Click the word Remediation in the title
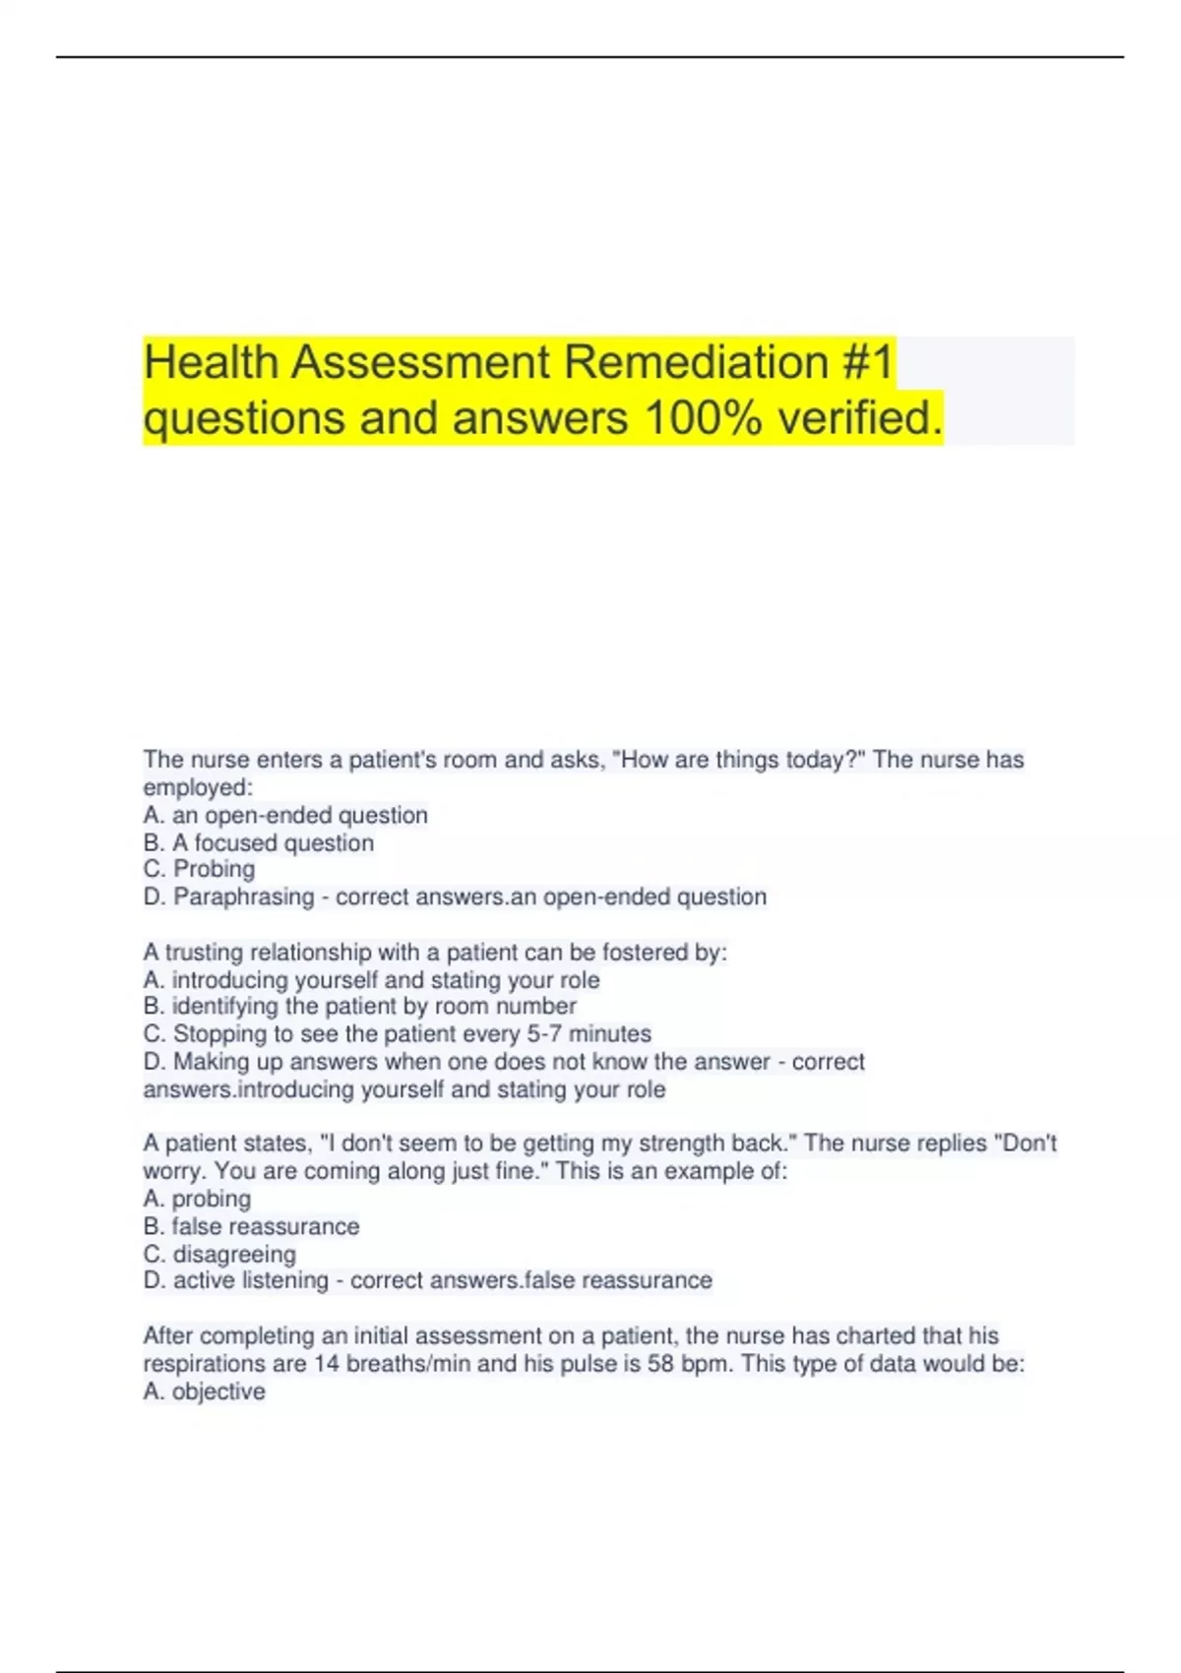pos(696,362)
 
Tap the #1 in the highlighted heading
pos(867,362)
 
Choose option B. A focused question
pos(259,843)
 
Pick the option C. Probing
pos(200,869)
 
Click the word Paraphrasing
pos(244,898)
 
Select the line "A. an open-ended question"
pos(285,816)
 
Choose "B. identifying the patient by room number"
pos(360,1007)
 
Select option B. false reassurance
pos(252,1227)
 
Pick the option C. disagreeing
pos(220,1255)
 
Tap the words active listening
pos(251,1280)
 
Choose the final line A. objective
pos(205,1392)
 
